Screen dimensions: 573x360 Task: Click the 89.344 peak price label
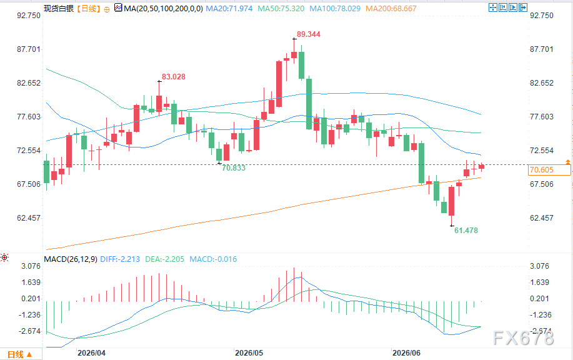click(309, 34)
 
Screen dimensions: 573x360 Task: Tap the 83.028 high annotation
click(174, 77)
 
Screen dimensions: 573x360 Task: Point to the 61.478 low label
click(466, 230)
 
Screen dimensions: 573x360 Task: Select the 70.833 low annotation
click(234, 168)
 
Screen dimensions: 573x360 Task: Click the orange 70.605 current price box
click(549, 169)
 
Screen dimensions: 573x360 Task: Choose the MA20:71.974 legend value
click(229, 8)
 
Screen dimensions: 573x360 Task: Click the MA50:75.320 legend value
click(281, 8)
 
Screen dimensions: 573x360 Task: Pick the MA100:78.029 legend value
click(335, 8)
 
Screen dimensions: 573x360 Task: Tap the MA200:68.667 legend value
click(391, 8)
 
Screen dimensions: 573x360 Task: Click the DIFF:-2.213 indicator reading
click(120, 259)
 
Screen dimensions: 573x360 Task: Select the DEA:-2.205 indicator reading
click(165, 259)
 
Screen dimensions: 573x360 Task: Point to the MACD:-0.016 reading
click(213, 259)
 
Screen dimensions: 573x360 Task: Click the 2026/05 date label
click(249, 352)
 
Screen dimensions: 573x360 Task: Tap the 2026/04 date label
click(91, 352)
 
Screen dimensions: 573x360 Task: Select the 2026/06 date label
click(406, 352)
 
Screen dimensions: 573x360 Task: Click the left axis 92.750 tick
click(29, 16)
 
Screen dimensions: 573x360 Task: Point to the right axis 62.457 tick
click(542, 218)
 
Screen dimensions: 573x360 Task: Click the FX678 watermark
click(523, 337)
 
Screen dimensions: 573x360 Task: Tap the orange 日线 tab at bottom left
click(20, 354)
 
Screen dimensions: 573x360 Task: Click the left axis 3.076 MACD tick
click(31, 266)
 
